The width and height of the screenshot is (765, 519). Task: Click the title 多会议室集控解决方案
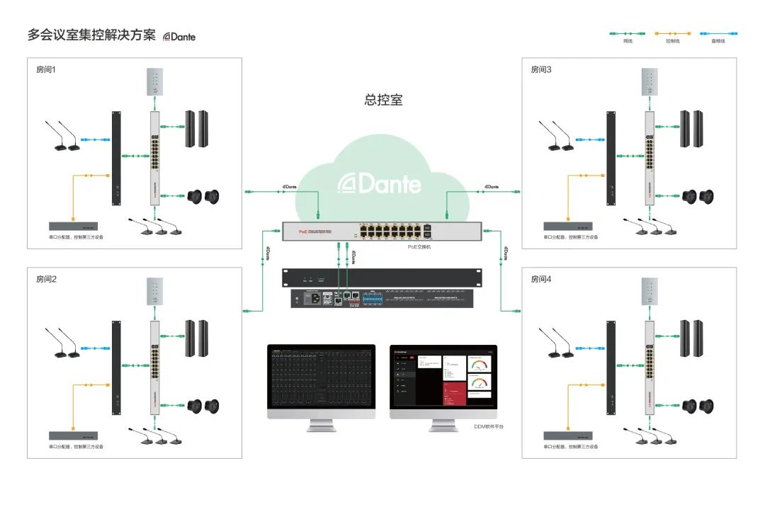tap(91, 35)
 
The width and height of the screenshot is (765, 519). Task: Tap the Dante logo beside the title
tap(179, 36)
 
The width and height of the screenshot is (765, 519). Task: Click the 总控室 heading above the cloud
tap(383, 100)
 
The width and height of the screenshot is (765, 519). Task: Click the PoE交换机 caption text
tap(418, 246)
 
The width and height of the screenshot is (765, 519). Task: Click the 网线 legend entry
tap(628, 41)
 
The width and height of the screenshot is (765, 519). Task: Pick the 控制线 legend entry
tap(672, 41)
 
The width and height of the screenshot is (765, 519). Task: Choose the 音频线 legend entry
tap(718, 41)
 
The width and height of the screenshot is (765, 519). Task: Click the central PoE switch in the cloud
tap(382, 231)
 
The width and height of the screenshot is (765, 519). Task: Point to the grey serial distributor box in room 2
tap(73, 435)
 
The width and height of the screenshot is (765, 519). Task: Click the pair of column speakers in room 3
tap(691, 129)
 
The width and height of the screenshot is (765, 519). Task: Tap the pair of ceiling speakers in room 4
tap(697, 406)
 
